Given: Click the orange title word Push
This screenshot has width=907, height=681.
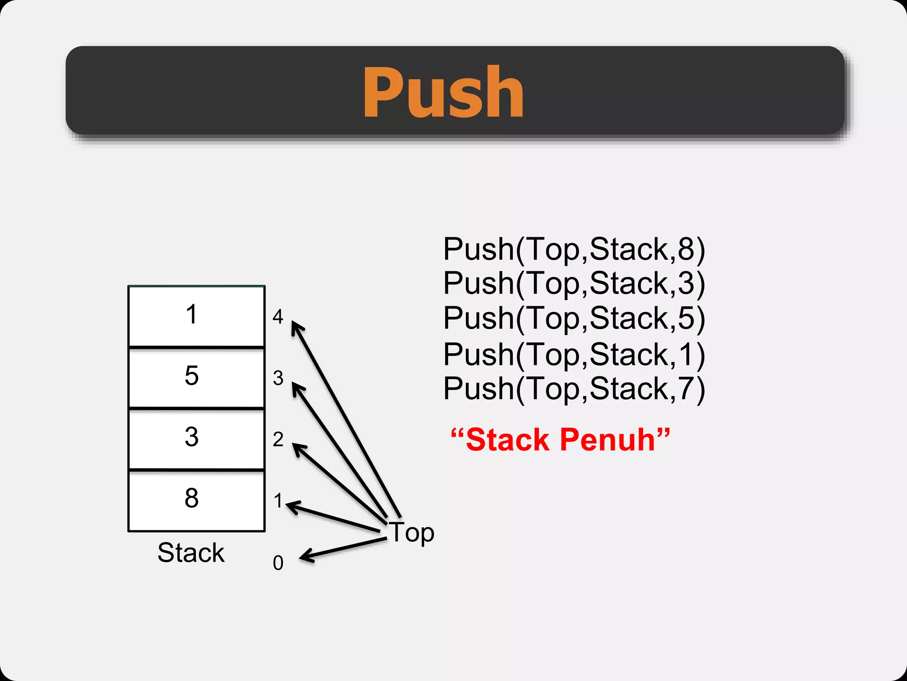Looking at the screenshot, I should tap(443, 92).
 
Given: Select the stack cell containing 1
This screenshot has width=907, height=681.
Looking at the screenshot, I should tap(196, 315).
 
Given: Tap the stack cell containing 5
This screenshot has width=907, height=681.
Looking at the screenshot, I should tap(196, 377).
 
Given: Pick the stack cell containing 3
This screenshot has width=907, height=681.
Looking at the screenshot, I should tap(196, 438).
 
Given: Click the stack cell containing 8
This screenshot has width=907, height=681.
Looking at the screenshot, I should tap(196, 499).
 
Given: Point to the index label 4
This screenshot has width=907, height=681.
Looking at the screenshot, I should tap(278, 317).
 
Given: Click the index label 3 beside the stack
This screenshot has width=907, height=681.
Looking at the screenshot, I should tap(278, 378).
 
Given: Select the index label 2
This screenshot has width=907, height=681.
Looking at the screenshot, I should tap(278, 439).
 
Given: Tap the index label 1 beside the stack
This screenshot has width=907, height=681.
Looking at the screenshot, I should tap(278, 501).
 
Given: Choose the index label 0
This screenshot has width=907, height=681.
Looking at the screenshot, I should tap(278, 563).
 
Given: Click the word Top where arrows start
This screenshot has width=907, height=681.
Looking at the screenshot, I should tap(411, 532).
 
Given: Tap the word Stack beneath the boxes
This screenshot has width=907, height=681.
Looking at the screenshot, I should tap(191, 552).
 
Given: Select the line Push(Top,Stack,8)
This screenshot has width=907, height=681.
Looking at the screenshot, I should tap(574, 249).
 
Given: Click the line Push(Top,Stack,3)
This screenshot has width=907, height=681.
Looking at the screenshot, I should tap(574, 283).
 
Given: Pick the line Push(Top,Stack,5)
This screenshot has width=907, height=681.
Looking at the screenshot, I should tap(574, 318).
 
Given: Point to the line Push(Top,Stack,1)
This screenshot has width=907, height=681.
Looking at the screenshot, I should tap(574, 355).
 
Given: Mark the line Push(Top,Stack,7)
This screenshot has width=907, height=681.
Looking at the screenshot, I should tap(574, 389).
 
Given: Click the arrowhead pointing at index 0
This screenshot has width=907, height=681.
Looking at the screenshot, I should tap(306, 557).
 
